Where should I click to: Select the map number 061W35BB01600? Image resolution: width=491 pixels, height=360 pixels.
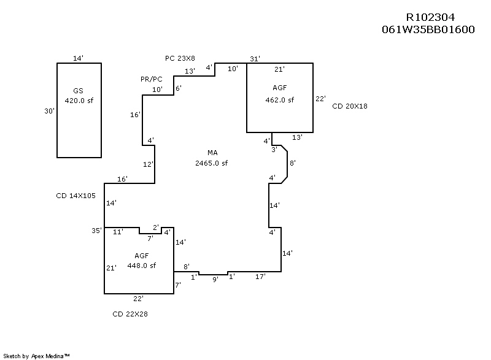tap(428, 29)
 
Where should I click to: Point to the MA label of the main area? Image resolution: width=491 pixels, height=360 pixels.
tap(212, 153)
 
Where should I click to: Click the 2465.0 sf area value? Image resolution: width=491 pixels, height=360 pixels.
tap(212, 163)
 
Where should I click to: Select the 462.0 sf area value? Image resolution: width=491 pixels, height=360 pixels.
tap(279, 100)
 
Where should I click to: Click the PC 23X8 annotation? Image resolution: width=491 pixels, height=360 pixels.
tap(180, 58)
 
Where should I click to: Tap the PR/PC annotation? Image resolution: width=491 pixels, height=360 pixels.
tap(151, 80)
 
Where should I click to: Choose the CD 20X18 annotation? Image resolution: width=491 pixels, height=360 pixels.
tap(350, 106)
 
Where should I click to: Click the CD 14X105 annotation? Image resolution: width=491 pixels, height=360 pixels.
tap(77, 196)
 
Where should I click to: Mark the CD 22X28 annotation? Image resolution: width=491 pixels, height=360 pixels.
tap(130, 314)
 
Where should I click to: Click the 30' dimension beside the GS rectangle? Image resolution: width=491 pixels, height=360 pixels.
tap(50, 111)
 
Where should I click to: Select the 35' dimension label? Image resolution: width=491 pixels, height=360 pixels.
tap(96, 231)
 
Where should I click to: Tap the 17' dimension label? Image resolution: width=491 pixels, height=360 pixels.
tap(260, 277)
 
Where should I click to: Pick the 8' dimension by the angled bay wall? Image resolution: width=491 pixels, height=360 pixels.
tap(293, 163)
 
